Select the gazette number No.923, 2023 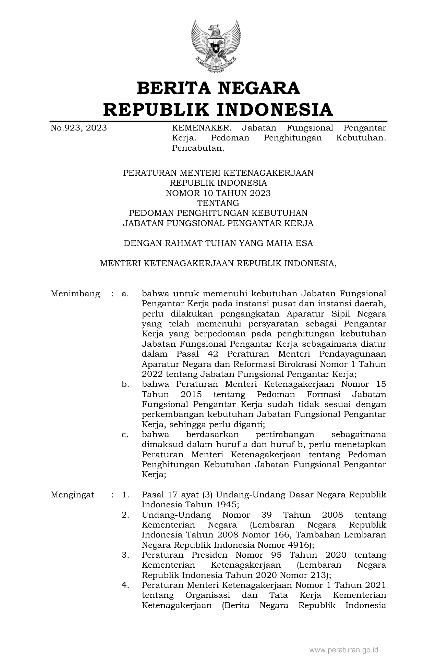78,128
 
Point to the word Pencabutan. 198,148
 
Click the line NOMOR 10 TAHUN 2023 218,193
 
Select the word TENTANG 218,203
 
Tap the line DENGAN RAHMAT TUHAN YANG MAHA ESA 218,244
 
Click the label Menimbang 75,294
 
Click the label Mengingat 72,495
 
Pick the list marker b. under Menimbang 125,384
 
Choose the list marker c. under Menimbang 125,435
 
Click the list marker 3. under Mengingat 125,555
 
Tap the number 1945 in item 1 226,505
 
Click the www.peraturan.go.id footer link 344,650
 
